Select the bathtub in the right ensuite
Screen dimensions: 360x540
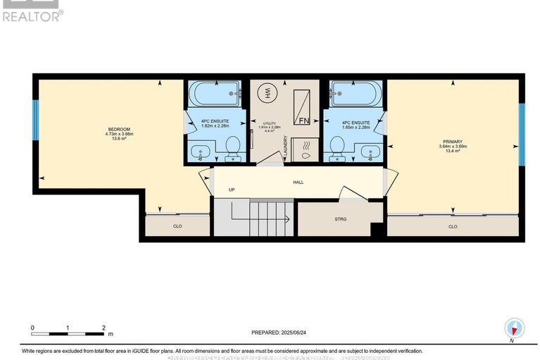(356, 93)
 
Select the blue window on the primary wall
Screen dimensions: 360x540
(522, 135)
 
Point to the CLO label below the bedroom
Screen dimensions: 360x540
(177, 227)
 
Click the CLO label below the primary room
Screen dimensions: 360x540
(453, 227)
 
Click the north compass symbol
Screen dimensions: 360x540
(514, 329)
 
